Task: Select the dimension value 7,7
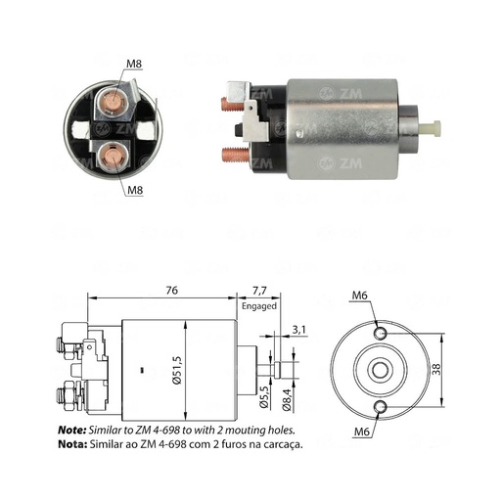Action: (x=260, y=290)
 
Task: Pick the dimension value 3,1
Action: (x=299, y=328)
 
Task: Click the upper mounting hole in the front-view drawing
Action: (x=382, y=334)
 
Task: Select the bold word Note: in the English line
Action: (x=72, y=430)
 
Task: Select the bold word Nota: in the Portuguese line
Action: (x=72, y=443)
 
